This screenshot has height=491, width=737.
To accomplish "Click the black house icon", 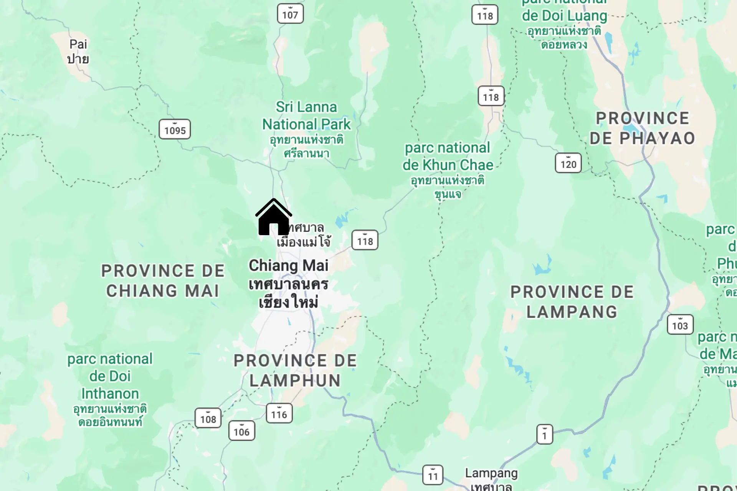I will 274,217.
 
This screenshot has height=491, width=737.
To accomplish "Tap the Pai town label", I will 78,51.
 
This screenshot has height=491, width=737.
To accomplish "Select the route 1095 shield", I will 175,129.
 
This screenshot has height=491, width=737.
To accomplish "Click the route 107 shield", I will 290,14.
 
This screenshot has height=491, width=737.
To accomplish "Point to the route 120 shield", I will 568,163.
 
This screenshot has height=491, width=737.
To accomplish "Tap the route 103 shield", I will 680,325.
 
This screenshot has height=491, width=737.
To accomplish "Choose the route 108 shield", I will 208,418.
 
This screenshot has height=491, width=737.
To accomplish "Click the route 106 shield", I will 241,431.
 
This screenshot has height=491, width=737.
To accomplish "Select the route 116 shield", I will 279,414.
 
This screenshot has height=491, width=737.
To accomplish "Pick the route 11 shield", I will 433,475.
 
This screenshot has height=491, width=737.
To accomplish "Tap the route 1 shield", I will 544,434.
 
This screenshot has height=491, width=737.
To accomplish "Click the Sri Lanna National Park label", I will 306,115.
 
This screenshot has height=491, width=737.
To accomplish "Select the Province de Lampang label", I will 572,302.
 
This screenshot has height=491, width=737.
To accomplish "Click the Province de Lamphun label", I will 295,371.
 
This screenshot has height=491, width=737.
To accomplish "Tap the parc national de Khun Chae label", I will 448,157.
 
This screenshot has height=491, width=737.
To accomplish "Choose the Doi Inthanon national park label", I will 110,376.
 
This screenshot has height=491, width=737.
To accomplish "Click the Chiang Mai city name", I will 288,265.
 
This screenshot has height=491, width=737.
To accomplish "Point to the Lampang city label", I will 491,473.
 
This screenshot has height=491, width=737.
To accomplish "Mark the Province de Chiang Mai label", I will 163,281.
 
